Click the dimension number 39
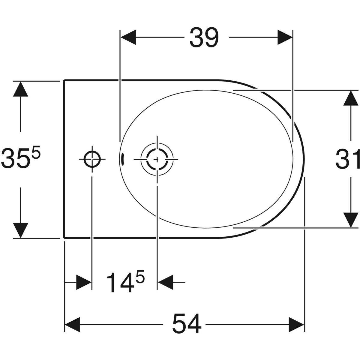click(x=204, y=37)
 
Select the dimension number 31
click(x=347, y=159)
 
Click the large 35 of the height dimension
click(x=13, y=157)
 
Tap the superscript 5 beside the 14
click(x=140, y=277)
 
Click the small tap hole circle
click(x=92, y=159)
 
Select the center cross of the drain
click(x=157, y=159)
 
